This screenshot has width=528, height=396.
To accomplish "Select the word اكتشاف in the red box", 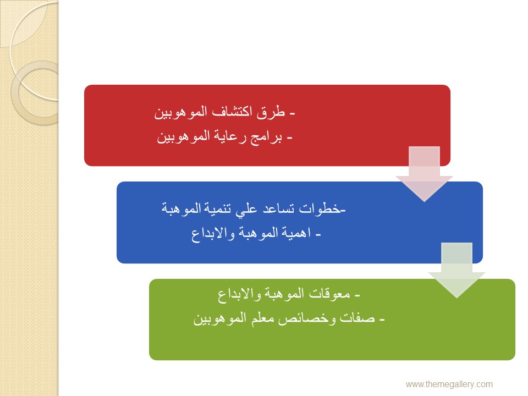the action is (232, 112).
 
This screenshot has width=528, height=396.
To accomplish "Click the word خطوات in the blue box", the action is (320, 209).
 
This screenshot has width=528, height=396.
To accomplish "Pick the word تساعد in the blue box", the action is (278, 209).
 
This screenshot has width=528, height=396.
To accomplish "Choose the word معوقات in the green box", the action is (329, 294).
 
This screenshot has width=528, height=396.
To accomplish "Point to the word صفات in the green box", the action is (357, 318).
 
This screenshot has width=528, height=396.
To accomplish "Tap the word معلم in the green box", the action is (263, 318).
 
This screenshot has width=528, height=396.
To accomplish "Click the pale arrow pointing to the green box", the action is (457, 270).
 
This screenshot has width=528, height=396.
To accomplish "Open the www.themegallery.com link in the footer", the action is (449, 384).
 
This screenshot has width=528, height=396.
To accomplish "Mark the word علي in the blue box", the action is (246, 210).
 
